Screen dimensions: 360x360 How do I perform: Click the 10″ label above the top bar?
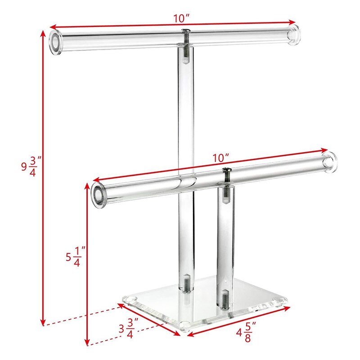pos(181,18)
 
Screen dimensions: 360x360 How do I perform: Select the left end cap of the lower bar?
pos(98,193)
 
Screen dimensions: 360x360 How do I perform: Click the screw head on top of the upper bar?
pos(185,31)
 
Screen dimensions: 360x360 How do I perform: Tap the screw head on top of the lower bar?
pos(226,171)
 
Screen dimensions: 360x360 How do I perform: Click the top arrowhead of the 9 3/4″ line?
pos(44,31)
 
